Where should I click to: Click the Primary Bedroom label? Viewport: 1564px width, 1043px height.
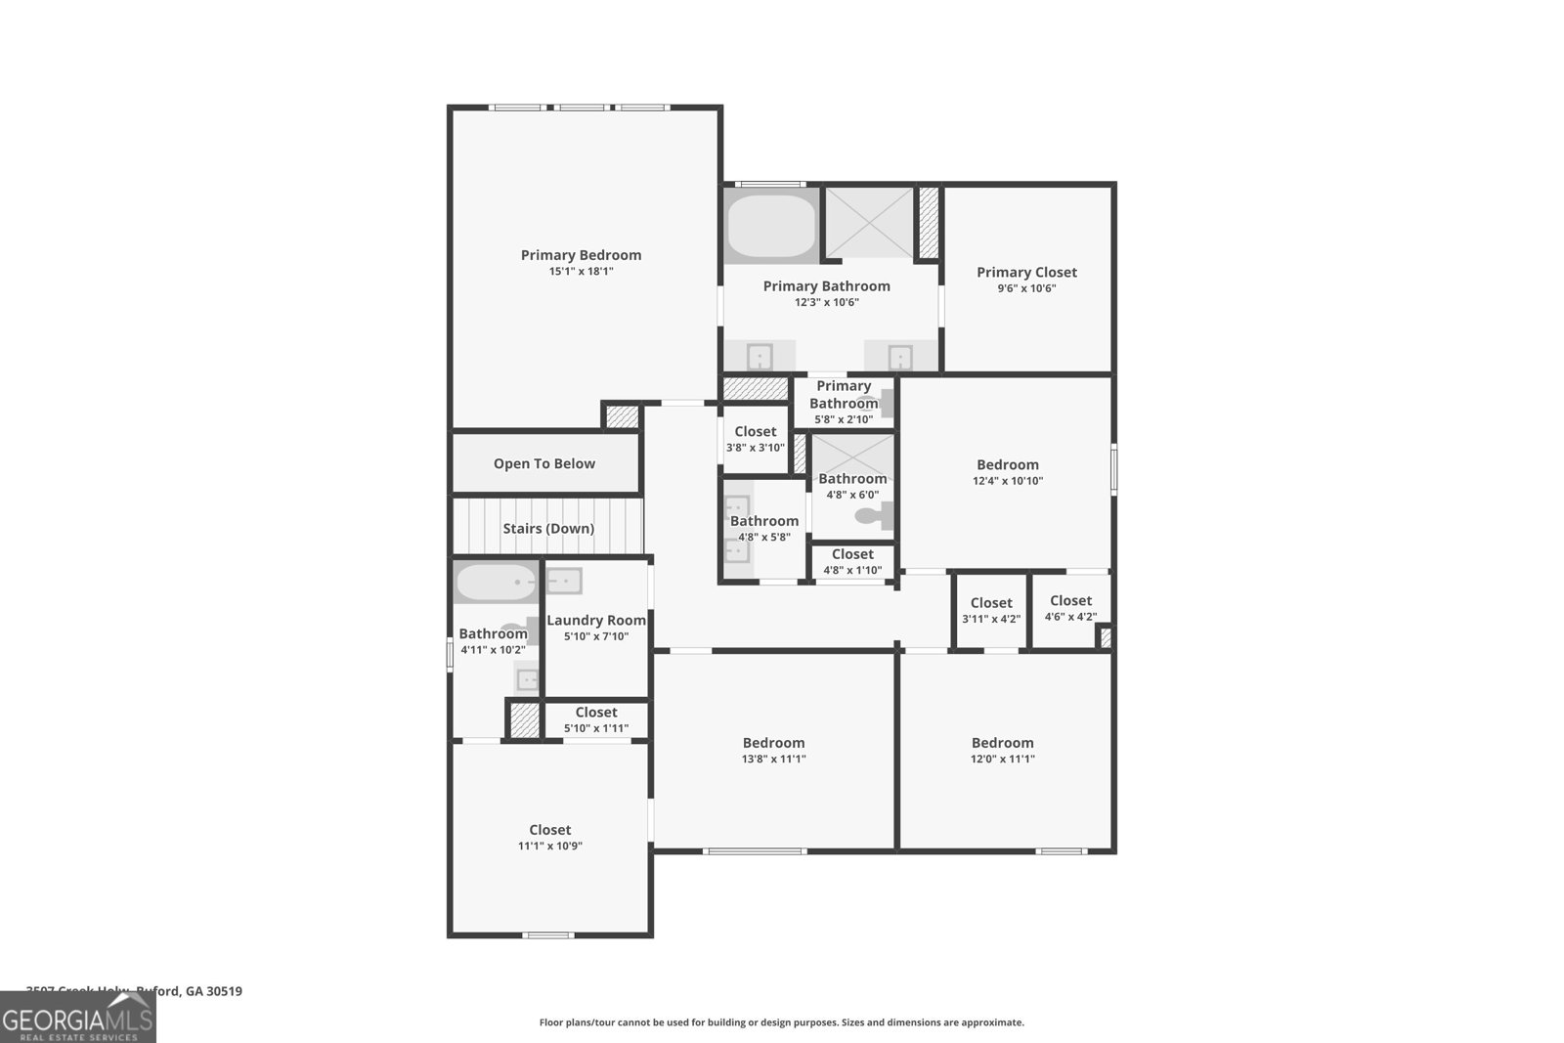[x=581, y=255]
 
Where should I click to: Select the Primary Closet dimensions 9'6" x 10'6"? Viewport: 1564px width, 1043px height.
[x=1026, y=288]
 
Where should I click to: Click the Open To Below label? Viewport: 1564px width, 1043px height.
[x=543, y=464]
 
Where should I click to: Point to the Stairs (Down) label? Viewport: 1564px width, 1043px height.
[x=548, y=529]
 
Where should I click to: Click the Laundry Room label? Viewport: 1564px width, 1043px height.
[x=596, y=621]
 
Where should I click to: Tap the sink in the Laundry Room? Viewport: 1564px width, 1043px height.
[x=563, y=582]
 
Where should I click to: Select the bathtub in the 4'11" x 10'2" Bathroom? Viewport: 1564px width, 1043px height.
[x=496, y=585]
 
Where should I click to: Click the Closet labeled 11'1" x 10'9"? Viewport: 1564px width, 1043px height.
[x=549, y=830]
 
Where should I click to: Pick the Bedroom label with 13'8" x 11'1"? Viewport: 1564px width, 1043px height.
[x=773, y=743]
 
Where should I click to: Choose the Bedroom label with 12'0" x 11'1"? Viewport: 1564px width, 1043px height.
[x=1002, y=743]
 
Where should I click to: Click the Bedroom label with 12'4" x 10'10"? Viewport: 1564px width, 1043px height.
[x=1007, y=465]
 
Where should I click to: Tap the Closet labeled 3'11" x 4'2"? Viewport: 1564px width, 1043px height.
[x=991, y=603]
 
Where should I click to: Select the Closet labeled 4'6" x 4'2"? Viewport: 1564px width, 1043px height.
[x=1070, y=601]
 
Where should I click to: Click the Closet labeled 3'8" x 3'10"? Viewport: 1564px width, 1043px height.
[x=755, y=432]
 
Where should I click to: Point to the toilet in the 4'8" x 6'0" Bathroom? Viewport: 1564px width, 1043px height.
[x=870, y=515]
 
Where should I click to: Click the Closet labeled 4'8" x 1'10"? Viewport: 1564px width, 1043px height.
[x=852, y=554]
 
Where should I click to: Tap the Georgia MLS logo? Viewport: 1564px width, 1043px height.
[x=77, y=1018]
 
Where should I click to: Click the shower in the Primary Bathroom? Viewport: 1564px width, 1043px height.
[x=869, y=223]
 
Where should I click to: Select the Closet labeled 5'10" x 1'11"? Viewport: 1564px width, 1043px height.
[x=596, y=713]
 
